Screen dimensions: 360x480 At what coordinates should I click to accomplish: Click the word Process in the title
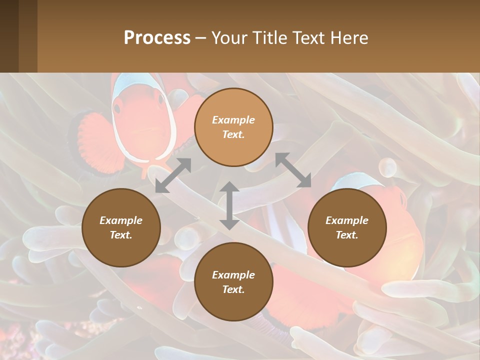tap(157, 38)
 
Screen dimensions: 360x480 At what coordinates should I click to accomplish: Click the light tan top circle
tap(233, 127)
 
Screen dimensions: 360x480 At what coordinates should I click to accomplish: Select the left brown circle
tap(121, 227)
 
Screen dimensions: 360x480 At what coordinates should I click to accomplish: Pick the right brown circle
tap(347, 227)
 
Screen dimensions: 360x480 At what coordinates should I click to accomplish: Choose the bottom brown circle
tap(233, 282)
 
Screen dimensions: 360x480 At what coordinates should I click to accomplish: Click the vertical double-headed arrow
tap(229, 205)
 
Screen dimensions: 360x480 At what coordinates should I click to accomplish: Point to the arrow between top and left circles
tap(173, 175)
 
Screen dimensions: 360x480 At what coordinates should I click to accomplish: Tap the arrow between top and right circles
tap(293, 170)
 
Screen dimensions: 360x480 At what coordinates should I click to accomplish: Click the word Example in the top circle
tap(233, 120)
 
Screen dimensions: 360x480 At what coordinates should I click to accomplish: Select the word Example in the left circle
tap(121, 220)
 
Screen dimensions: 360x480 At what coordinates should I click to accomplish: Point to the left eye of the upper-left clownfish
tap(117, 107)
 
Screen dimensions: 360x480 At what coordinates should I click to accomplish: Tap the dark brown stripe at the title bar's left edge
tap(9, 36)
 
